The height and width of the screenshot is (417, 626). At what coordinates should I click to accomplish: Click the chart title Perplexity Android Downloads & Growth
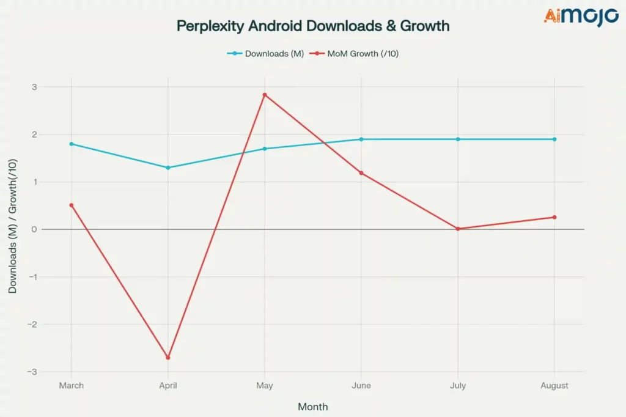pos(312,26)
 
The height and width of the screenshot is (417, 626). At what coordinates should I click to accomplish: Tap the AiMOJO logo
pos(581,17)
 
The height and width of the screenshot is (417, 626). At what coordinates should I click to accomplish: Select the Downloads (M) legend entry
pos(266,54)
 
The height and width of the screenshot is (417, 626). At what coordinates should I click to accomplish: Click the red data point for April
pos(168,358)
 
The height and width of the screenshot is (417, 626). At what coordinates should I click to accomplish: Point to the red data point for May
pos(265,95)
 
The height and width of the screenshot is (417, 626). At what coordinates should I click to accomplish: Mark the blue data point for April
pos(168,168)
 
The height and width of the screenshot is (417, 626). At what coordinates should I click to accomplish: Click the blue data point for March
pos(72,144)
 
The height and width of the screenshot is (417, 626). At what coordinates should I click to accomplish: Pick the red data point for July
pos(458,229)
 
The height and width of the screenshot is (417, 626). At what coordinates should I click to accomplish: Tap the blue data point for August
pos(554,139)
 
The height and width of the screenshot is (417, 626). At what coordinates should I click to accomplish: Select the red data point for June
pos(361,173)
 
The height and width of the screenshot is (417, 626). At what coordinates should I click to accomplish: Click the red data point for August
pos(554,217)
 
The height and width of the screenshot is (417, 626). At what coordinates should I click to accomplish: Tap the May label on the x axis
pos(265,386)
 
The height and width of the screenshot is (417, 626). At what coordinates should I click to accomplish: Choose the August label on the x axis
pos(554,386)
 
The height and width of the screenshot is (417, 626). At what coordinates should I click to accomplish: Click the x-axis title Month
pos(312,407)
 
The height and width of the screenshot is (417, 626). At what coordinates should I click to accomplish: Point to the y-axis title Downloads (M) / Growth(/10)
pos(13,226)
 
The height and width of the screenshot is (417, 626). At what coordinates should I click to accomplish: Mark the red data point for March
pos(72,205)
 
